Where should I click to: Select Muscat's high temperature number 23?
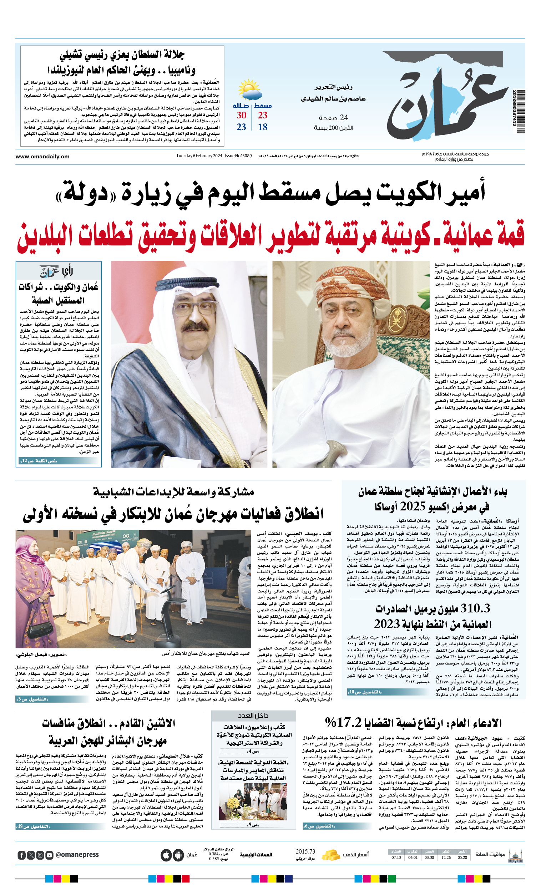click(262, 115)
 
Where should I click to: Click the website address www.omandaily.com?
click(42, 157)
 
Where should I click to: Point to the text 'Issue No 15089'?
click(238, 156)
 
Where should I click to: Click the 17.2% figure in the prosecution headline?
click(344, 722)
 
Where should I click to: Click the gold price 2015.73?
click(305, 852)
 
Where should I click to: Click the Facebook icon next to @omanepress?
click(22, 855)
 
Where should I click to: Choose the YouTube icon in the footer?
click(50, 855)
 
